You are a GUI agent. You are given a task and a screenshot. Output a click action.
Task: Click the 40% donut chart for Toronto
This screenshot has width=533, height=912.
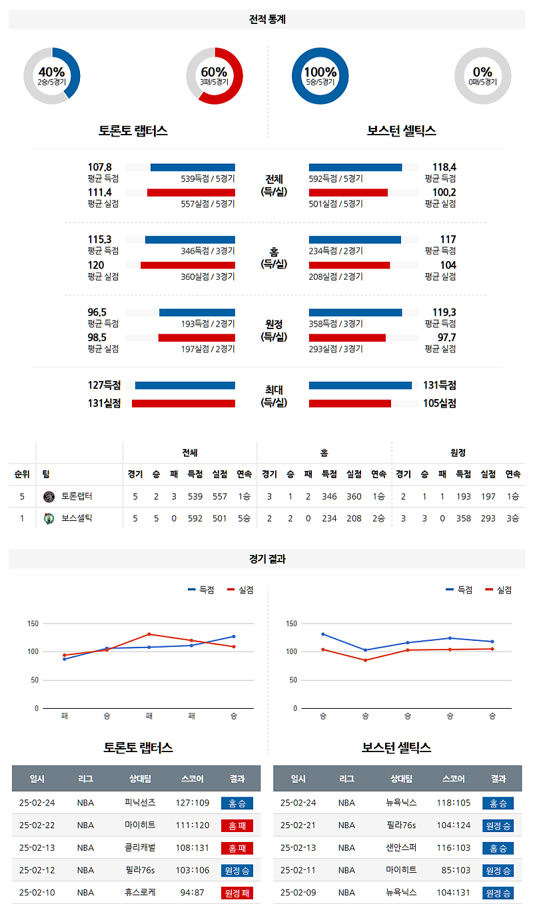[x=52, y=76]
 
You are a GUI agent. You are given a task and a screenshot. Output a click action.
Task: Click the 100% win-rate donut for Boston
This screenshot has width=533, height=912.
[x=320, y=76]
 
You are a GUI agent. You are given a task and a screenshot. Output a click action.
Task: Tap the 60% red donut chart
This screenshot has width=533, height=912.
[x=214, y=76]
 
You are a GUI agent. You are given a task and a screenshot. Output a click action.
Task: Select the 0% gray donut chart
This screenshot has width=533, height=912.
[x=482, y=76]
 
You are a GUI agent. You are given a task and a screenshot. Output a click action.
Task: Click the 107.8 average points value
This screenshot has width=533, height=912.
[x=100, y=167]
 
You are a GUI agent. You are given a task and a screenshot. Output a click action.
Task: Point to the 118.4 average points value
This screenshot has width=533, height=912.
[x=443, y=167]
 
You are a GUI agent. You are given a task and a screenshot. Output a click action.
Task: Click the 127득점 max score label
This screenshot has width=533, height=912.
[x=105, y=385]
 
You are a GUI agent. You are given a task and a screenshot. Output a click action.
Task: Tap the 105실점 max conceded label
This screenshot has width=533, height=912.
[x=440, y=402]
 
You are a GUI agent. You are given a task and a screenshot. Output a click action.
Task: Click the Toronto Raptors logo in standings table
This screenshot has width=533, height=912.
[x=48, y=496]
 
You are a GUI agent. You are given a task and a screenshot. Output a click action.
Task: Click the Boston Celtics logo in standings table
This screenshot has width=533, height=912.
[x=48, y=518]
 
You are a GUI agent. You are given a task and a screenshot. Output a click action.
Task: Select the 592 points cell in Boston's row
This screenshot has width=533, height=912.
[x=195, y=518]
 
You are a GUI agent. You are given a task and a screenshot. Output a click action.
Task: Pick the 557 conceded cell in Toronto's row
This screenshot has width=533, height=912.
[x=220, y=496]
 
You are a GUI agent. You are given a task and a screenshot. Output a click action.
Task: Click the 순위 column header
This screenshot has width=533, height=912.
[x=22, y=474]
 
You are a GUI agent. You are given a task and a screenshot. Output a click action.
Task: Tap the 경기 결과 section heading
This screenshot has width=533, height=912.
[x=266, y=560]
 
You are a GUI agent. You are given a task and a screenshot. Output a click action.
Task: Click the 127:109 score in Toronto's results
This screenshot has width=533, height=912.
[x=193, y=803]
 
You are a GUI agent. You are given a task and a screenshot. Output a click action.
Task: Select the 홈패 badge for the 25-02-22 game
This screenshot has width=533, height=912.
[x=237, y=825]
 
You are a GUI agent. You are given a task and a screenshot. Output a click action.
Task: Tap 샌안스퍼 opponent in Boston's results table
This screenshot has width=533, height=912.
[x=401, y=847]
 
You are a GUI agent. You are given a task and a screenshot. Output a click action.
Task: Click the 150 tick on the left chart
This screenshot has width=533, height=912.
[x=32, y=624]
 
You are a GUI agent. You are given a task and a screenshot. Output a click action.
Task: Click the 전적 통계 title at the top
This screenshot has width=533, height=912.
[x=266, y=20]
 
